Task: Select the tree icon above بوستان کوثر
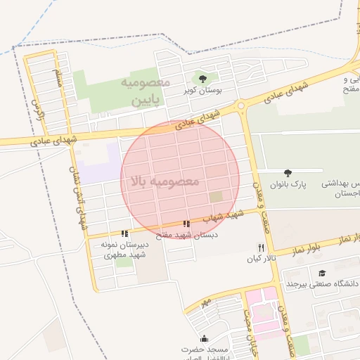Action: point(203,78)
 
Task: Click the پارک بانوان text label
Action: point(286,184)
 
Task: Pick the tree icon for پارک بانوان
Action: point(287,172)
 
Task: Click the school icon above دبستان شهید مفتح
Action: point(186,224)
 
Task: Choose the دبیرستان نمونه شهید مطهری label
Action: point(124,249)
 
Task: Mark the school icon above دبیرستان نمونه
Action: point(124,233)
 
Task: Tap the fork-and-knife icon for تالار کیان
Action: point(262,247)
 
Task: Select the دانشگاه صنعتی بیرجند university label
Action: point(322,283)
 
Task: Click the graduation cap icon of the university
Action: point(322,273)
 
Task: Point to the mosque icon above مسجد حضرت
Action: point(204,338)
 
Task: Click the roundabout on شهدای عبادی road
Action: point(242,106)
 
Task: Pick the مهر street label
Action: point(205,303)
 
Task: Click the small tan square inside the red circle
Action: point(216,198)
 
